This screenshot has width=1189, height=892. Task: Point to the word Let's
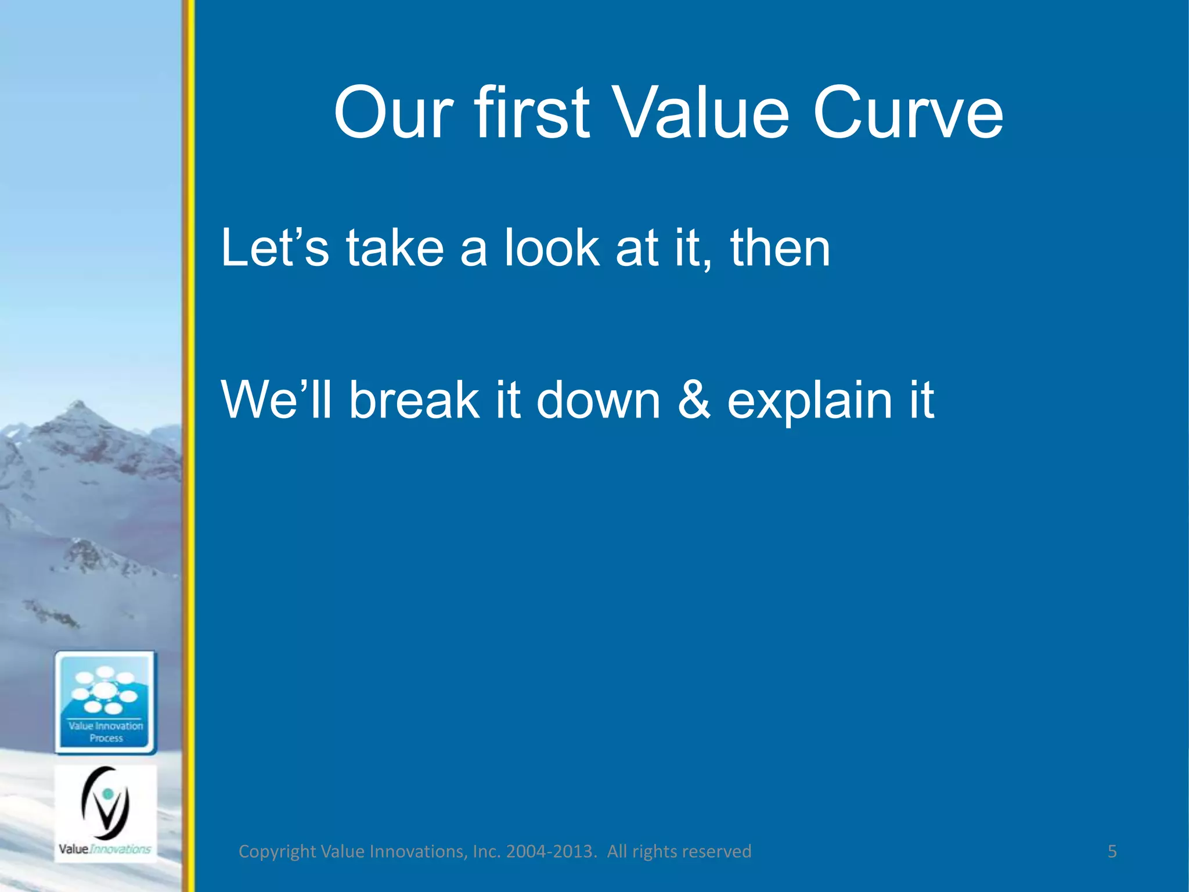pos(275,249)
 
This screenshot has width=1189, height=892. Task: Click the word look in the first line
pos(552,249)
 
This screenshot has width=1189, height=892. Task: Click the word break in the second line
pos(414,400)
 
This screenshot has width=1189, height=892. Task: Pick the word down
pos(598,400)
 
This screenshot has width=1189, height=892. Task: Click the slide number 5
pos(1112,851)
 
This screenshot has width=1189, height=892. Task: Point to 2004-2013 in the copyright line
pos(550,851)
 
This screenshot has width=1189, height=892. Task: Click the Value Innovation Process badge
pos(106,703)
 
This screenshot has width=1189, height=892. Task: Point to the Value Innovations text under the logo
pos(105,849)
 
